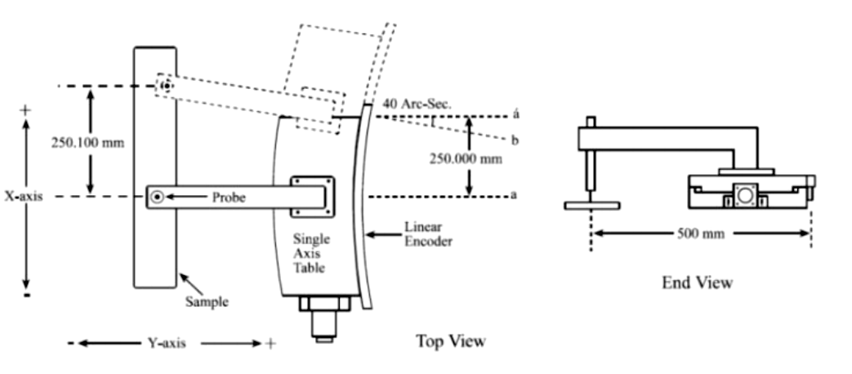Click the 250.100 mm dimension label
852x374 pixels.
click(87, 142)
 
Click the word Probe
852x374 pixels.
click(230, 197)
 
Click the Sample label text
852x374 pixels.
click(206, 301)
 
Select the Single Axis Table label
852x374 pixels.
click(312, 253)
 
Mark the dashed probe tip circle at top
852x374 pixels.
click(166, 86)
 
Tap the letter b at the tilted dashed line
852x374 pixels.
click(515, 140)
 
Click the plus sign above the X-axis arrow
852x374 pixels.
click(26, 109)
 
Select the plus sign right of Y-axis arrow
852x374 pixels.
click(270, 344)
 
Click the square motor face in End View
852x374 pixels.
click(743, 196)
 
